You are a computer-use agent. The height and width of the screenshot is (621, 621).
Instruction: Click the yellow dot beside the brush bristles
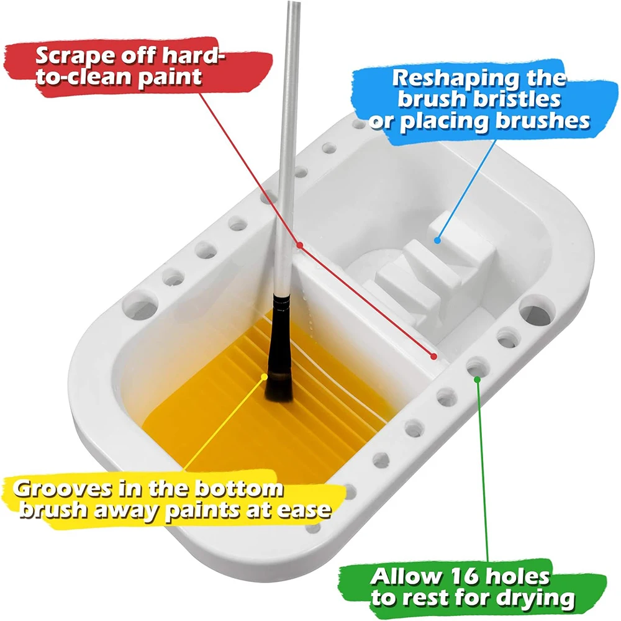pos(265,376)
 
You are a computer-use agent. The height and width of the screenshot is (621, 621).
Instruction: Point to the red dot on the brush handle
pos(299,246)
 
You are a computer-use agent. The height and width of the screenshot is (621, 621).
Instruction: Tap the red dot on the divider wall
pos(435,356)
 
